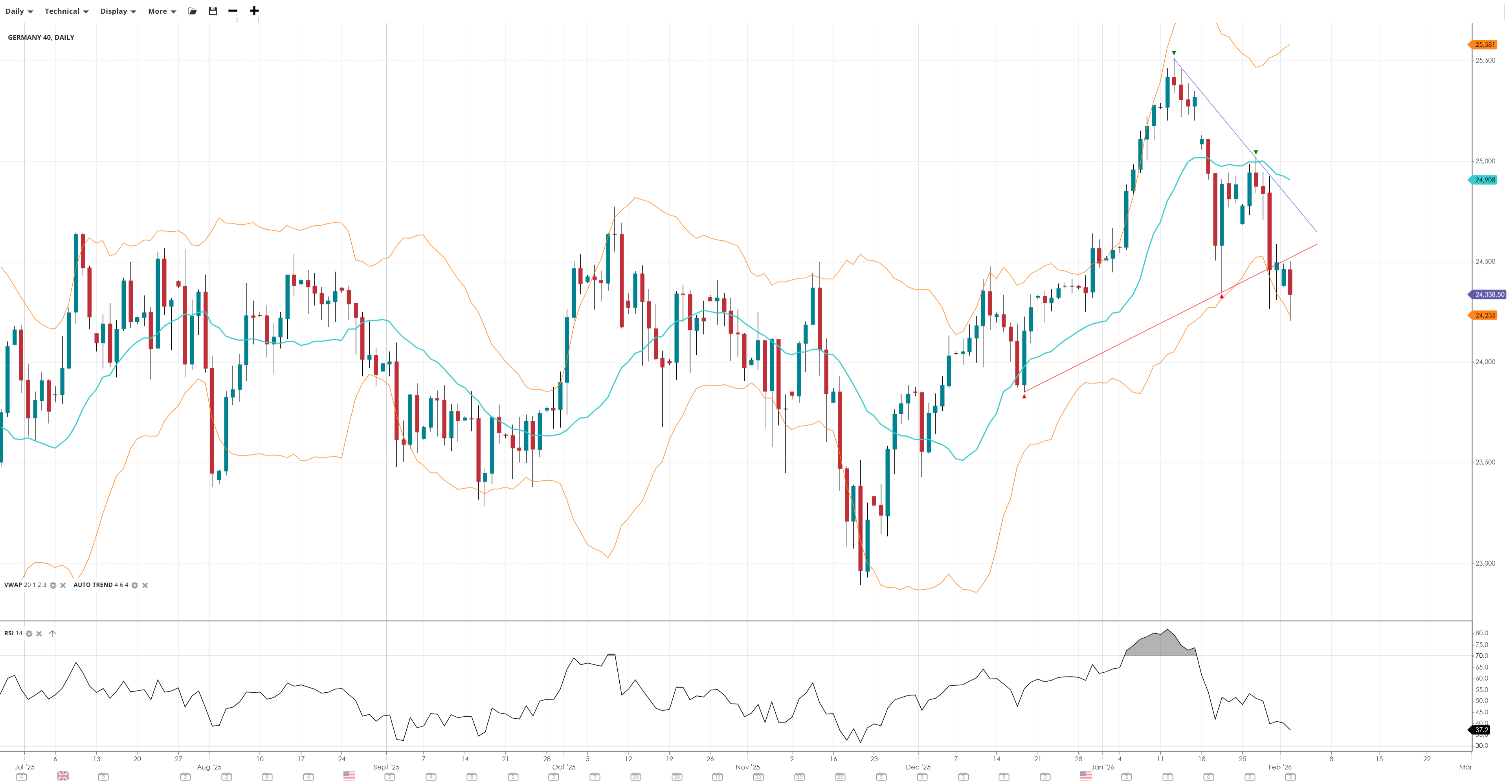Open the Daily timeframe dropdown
pos(19,11)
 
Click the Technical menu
pos(66,11)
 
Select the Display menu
pos(117,11)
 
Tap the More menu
pos(162,11)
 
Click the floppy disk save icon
pos(213,11)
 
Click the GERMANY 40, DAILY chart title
pos(41,37)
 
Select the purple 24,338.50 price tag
pos(1488,295)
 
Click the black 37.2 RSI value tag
pos(1481,730)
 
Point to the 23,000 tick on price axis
pos(1485,563)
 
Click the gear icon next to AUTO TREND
pos(134,585)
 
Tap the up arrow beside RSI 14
pos(52,633)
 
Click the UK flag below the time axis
pos(62,776)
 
